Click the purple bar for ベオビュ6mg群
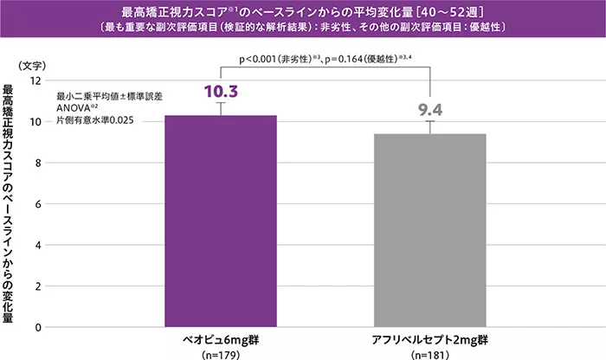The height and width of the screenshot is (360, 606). pos(221,221)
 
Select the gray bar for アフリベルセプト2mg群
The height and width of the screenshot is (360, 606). pos(429,230)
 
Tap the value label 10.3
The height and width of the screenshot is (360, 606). pos(221,91)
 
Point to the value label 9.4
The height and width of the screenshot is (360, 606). pos(430,110)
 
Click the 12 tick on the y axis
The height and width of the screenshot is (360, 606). pos(35,80)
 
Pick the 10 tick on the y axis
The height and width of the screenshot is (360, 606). pos(35,122)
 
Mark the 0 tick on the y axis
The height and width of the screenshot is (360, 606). pos(38,327)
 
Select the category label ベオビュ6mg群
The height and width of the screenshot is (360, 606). pos(221,340)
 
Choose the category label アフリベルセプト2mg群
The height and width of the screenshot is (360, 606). pos(429,340)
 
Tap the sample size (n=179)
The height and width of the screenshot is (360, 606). pos(221,354)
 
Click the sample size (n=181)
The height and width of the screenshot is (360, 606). pos(429,354)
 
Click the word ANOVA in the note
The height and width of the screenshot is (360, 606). pos(74,109)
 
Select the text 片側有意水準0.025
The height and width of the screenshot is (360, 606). pos(94,120)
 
